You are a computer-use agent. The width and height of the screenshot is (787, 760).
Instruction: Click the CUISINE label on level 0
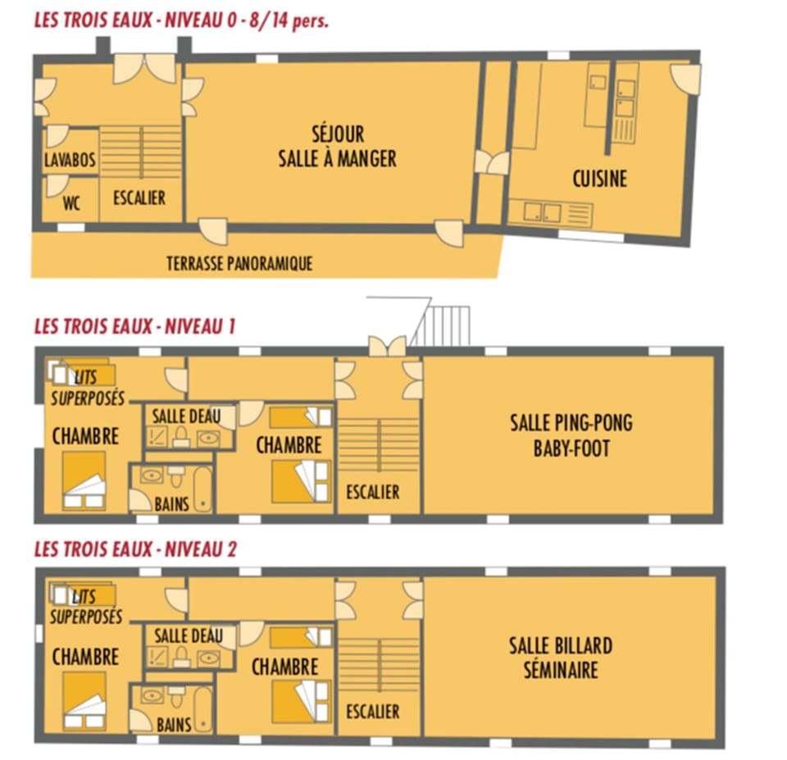pos(599,178)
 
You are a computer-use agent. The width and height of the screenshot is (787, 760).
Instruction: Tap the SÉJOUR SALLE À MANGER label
pos(337,146)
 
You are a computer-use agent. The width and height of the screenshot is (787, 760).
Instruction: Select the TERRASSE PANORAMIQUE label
pos(239,264)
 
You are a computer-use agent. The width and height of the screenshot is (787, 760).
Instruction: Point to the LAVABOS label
pos(70,160)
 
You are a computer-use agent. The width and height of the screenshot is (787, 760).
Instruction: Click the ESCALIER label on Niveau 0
pos(139,198)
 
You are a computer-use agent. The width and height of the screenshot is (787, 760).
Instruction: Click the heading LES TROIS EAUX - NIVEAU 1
pos(135,326)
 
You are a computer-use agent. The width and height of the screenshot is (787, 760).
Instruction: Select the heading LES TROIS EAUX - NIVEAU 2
pos(135,549)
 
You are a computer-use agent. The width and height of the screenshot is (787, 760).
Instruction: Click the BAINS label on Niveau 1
pos(172,503)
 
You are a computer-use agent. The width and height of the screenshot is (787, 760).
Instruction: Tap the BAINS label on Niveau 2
pos(173,724)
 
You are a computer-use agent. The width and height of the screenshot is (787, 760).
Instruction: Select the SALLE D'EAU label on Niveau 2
pos(188,635)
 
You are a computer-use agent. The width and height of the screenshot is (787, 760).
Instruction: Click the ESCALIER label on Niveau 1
pos(372,492)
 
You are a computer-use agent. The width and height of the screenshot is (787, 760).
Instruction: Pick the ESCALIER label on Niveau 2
pos(372,712)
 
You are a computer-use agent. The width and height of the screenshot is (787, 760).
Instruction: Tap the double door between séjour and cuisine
pos(492,162)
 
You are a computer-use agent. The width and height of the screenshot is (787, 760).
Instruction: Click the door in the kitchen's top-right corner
pos(685,78)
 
